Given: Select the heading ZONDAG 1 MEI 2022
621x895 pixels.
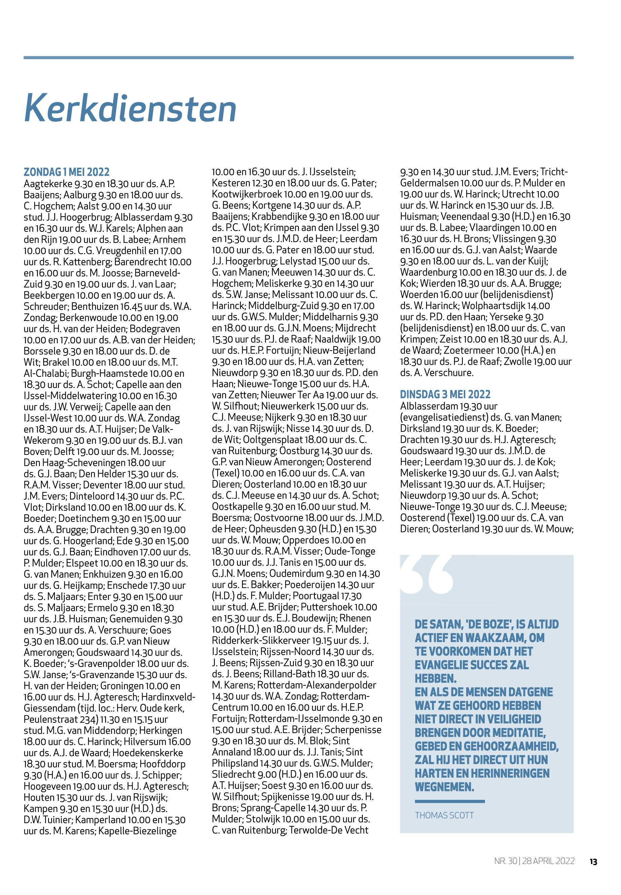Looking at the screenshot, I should click(67, 172).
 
